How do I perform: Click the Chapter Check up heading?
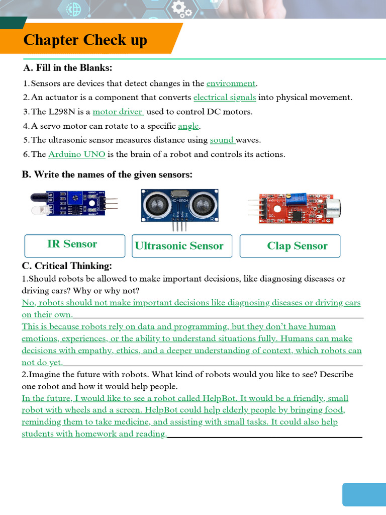tap(85, 40)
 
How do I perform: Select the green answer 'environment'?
tap(231, 83)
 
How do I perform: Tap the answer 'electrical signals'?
tap(225, 98)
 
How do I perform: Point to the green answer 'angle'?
tap(188, 126)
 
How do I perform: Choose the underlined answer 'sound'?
tap(222, 140)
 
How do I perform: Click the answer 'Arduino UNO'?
tap(76, 154)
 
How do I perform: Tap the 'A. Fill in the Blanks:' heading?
tap(68, 68)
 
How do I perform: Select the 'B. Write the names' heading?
tap(107, 175)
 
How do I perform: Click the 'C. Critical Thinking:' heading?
tap(67, 266)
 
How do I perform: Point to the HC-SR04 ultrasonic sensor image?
tap(180, 205)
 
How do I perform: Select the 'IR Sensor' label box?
tap(74, 245)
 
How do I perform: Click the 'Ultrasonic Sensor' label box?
tap(181, 246)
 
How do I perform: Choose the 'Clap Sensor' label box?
tap(290, 246)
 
